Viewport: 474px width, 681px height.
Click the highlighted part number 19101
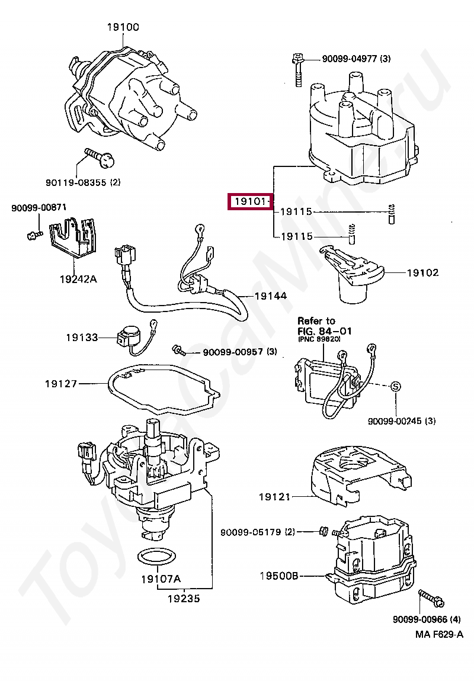pos(250,203)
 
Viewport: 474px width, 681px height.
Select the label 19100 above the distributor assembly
pos(123,27)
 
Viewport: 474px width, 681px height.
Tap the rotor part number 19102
pos(422,273)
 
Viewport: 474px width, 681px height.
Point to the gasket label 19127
pos(61,384)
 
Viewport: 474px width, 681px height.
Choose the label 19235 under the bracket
pos(183,598)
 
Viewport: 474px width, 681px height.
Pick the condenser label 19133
pos(82,337)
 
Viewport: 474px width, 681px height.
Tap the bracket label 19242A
pos(78,278)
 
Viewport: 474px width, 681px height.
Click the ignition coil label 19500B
pos(279,575)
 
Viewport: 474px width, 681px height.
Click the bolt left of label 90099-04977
pos(297,71)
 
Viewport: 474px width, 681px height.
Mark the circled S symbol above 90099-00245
pos(396,386)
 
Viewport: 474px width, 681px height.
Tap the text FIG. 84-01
pos(324,331)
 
